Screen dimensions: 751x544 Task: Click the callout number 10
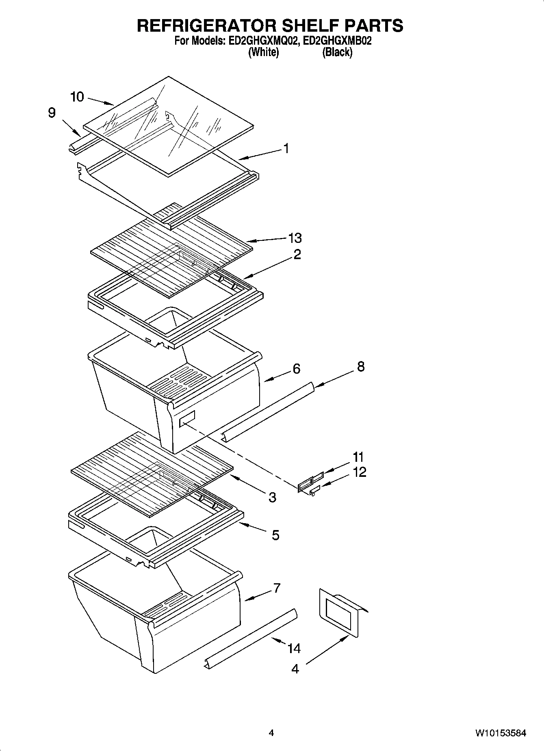click(77, 97)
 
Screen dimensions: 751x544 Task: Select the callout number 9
click(52, 113)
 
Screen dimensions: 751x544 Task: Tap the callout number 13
click(295, 238)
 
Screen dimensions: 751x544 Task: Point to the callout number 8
click(360, 366)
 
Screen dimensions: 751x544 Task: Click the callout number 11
click(358, 457)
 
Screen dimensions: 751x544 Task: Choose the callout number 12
click(360, 472)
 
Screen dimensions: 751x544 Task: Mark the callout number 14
click(294, 649)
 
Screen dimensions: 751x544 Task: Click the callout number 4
click(295, 669)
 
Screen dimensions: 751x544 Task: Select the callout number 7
click(277, 588)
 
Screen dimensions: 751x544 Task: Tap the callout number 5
click(275, 535)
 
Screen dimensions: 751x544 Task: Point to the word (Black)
click(337, 52)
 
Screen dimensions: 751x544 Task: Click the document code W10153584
click(501, 733)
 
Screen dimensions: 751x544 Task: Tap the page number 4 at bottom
click(271, 733)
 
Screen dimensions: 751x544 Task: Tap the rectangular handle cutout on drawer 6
click(187, 418)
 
